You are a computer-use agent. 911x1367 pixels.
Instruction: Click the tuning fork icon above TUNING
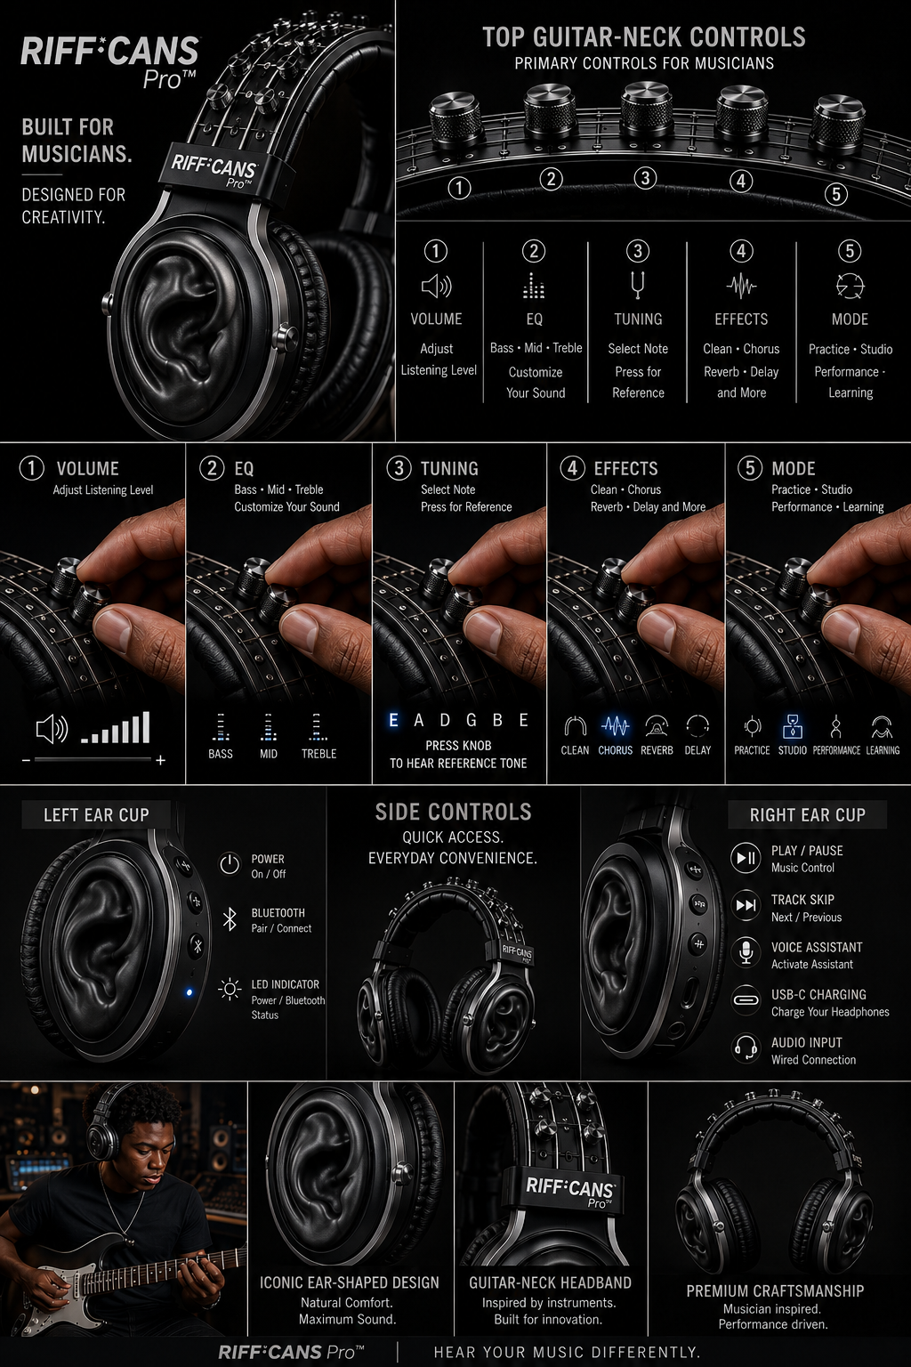point(638,285)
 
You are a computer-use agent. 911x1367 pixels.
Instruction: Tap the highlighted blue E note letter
point(393,720)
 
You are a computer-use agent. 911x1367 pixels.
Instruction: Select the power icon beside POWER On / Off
point(230,864)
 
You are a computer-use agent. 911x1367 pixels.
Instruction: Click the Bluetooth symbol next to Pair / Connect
point(230,919)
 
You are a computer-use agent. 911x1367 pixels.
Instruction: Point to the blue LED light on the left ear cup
point(189,993)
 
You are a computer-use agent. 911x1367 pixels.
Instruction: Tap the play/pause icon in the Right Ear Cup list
point(746,857)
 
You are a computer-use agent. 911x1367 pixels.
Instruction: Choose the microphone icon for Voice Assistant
point(746,953)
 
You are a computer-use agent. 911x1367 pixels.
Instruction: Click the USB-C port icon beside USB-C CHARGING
point(746,1000)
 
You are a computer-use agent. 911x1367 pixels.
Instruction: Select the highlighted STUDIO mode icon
point(792,726)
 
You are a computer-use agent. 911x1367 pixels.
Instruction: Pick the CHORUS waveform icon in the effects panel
point(615,726)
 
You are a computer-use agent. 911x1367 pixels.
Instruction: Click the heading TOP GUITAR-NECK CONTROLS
point(644,37)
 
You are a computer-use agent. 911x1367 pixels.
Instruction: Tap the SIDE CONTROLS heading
point(454,813)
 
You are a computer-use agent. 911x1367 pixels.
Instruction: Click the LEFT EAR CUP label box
point(96,814)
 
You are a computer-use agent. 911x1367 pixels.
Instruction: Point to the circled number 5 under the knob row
point(836,194)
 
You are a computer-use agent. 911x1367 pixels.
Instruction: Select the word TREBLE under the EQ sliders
point(318,754)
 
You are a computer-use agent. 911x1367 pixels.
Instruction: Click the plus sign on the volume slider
point(160,760)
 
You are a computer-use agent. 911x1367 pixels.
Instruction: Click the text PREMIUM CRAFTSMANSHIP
point(775,1290)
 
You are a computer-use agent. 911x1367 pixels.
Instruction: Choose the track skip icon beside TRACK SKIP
point(746,905)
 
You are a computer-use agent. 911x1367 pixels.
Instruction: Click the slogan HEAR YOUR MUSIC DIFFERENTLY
point(567,1352)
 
